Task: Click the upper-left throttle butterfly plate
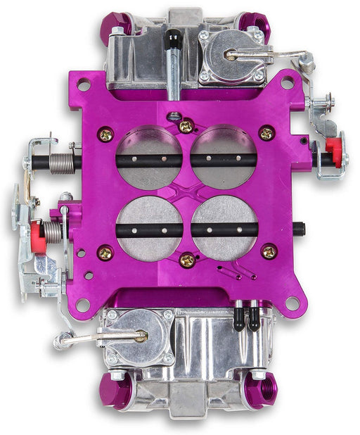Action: pos(148,156)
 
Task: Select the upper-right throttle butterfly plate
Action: pos(223,156)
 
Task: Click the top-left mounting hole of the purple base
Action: pos(84,85)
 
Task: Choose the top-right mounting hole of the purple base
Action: pos(287,82)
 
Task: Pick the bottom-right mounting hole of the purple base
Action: pos(291,303)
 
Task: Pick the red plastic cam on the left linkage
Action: pos(37,237)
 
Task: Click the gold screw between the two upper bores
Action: pos(186,127)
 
